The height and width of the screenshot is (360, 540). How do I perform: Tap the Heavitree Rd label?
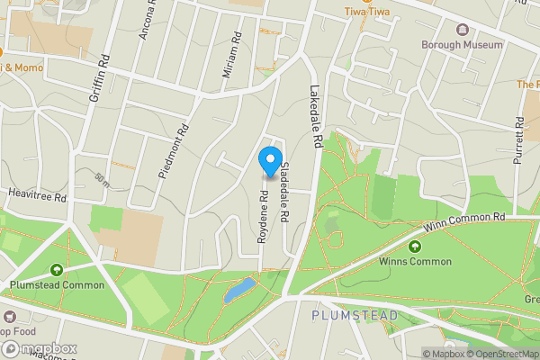pos(37,195)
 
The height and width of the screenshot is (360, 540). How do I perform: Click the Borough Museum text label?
pos(463,43)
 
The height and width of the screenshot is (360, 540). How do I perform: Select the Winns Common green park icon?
pos(416,247)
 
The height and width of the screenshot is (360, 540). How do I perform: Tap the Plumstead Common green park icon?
pos(57,269)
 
